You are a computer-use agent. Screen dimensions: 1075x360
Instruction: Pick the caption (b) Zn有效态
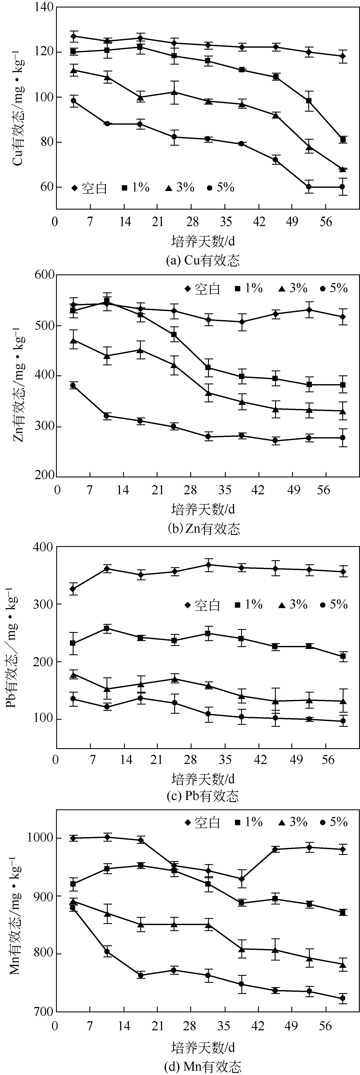[203, 529]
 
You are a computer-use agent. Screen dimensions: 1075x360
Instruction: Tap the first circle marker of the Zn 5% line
[73, 385]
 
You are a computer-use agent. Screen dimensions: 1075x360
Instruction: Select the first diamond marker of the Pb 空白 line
[73, 589]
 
